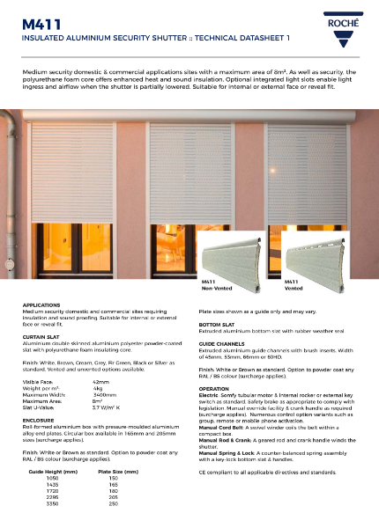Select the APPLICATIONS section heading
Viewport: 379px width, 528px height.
(x=41, y=304)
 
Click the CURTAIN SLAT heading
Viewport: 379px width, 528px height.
(x=43, y=335)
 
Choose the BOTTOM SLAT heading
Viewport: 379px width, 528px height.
(x=219, y=323)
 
